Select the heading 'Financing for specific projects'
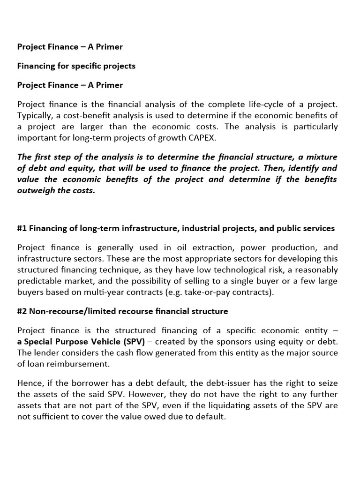tap(76, 66)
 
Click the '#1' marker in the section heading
tap(22, 229)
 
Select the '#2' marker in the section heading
tap(22, 311)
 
